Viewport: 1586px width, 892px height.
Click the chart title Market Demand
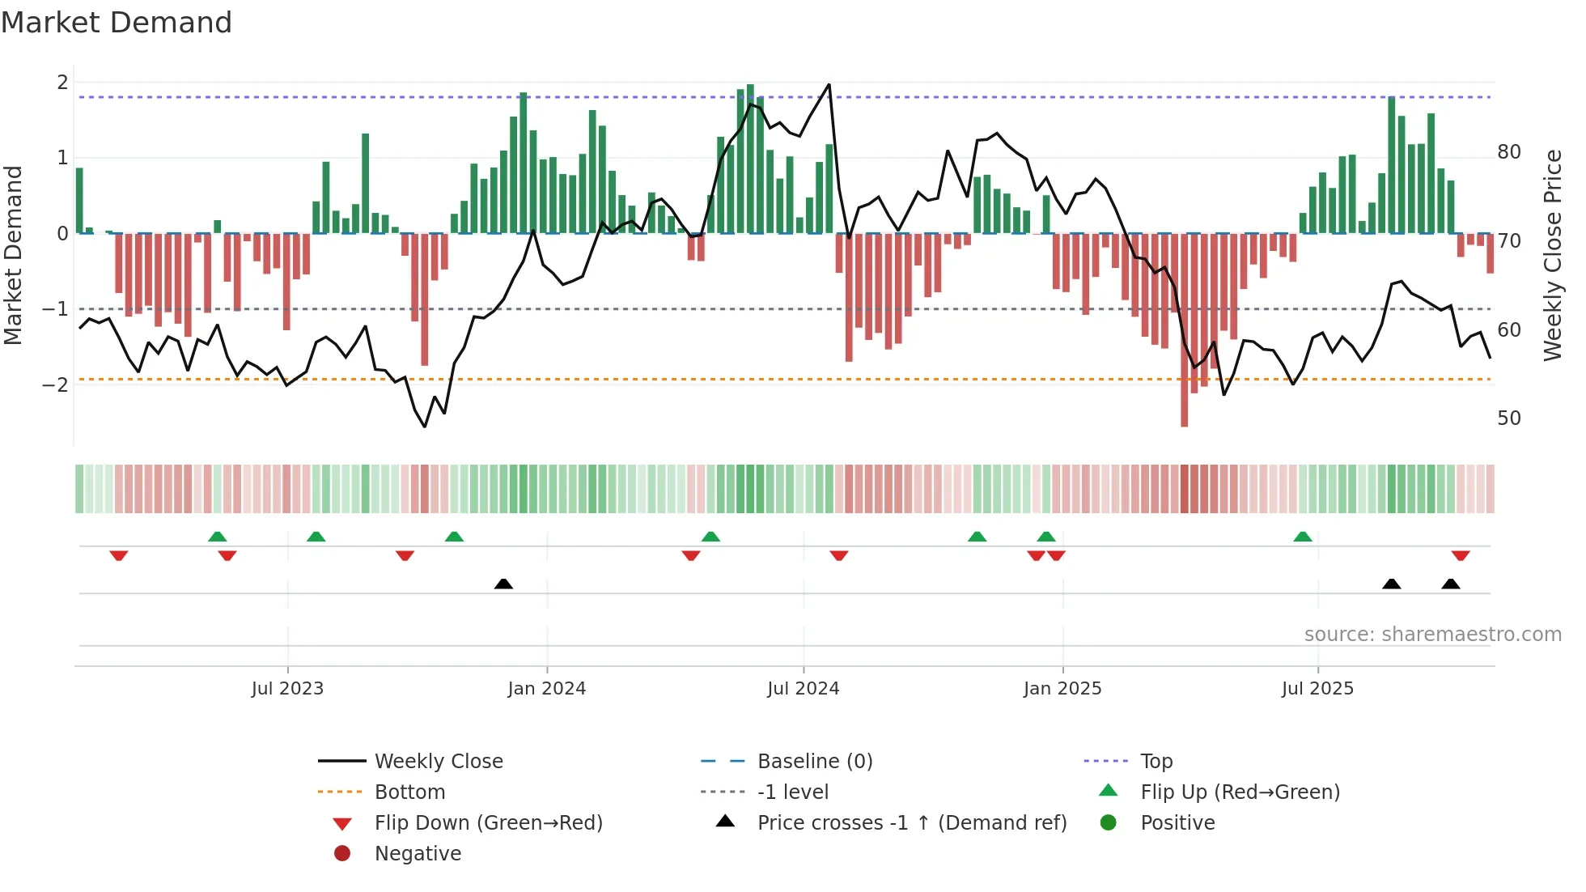[x=117, y=23]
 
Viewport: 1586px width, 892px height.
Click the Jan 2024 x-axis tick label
[x=546, y=689]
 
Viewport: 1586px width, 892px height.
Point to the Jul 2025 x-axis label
[x=1317, y=689]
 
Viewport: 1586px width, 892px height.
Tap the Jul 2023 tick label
[x=287, y=689]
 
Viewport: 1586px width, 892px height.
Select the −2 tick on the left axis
[x=55, y=384]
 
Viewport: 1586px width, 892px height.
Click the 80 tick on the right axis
[x=1508, y=152]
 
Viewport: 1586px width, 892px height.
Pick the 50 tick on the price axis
[x=1508, y=418]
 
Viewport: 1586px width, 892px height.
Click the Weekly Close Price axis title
[x=1552, y=255]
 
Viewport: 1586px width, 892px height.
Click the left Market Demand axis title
[x=13, y=255]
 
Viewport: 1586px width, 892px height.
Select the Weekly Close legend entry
[x=438, y=762]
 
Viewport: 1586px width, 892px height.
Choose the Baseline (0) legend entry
[x=814, y=762]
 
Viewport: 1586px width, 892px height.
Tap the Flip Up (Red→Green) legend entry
[x=1239, y=792]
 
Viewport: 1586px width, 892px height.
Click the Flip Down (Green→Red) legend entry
[x=488, y=823]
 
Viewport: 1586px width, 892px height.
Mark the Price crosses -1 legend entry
[x=911, y=823]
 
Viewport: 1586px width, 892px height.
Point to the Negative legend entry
[x=418, y=854]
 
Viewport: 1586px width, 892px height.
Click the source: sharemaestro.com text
[x=1432, y=635]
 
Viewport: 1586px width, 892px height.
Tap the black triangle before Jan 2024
[x=503, y=584]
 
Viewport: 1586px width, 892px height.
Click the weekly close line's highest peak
[x=829, y=84]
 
